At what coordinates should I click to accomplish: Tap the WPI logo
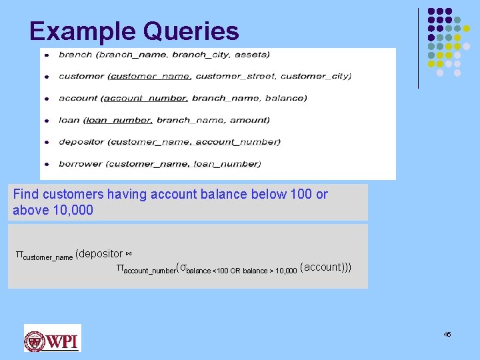coord(52,338)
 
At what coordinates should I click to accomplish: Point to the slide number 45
coord(447,334)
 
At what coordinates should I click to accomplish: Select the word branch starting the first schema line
coord(75,55)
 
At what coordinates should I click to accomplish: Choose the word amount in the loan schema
coord(249,120)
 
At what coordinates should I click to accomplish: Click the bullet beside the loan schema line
coord(46,121)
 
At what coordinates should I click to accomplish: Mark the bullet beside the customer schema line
coord(46,77)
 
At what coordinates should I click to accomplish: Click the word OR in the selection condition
coord(233,271)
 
